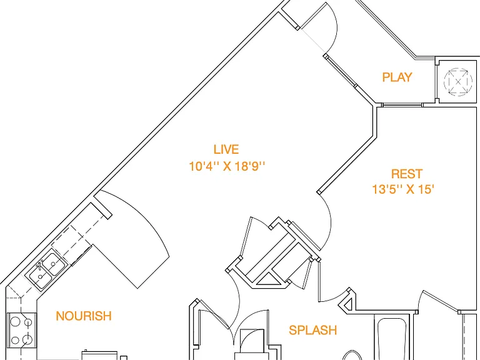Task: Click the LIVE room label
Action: (226, 149)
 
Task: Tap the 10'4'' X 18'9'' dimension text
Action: (226, 166)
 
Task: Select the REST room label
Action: (407, 174)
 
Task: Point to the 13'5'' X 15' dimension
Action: (403, 189)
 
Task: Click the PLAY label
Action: (397, 77)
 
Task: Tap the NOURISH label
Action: (84, 316)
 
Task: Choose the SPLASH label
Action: (313, 330)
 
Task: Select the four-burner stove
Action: (21, 330)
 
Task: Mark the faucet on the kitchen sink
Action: (40, 264)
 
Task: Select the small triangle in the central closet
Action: (267, 280)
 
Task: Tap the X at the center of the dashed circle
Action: (458, 82)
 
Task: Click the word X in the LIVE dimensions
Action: (226, 166)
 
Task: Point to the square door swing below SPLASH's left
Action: (252, 341)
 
